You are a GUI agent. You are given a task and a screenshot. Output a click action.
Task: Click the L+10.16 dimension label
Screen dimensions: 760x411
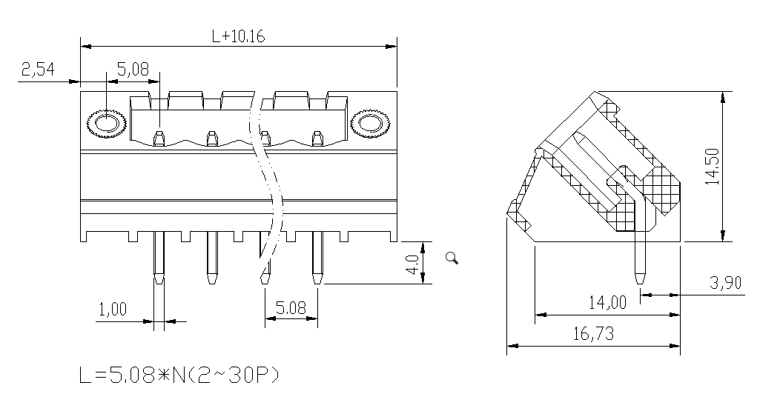239,36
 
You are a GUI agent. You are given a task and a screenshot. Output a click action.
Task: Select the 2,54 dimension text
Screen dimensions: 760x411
38,69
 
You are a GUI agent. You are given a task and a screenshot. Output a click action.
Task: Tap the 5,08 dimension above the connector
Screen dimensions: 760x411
133,69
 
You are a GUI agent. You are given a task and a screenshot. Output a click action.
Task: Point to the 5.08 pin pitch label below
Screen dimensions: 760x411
291,307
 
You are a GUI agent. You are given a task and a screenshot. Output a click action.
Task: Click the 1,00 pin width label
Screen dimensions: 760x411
113,309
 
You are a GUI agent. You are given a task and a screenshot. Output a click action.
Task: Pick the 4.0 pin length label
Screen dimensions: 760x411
412,264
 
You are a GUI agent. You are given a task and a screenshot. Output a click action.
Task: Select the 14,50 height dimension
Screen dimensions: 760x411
712,167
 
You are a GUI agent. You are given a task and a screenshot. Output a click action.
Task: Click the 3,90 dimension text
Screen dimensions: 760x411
726,282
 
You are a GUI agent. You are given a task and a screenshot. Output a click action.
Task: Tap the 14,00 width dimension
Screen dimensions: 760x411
607,303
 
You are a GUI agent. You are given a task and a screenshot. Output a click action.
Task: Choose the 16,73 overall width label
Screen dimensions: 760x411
593,333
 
